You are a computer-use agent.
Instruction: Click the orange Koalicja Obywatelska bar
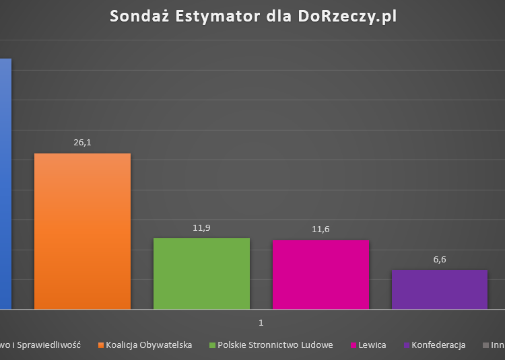pos(82,231)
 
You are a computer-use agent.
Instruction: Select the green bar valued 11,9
pos(201,273)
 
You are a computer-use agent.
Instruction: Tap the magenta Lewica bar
pos(321,275)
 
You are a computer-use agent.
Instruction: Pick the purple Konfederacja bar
pos(439,289)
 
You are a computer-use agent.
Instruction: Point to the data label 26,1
pos(82,143)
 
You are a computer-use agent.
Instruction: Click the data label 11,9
pos(201,228)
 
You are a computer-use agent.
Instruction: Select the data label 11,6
pos(321,230)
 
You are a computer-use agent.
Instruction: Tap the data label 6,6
pos(439,260)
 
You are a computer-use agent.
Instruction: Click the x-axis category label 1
pos(261,323)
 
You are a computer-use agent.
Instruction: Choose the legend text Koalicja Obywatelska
pos(149,345)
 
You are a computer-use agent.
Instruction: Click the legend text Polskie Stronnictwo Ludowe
pos(275,345)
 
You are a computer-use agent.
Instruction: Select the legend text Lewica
pos(373,345)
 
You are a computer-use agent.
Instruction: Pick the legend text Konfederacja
pos(438,345)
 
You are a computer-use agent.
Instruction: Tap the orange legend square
pos(101,345)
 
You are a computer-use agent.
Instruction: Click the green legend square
pos(212,345)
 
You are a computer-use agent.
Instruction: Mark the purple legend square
pos(406,345)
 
